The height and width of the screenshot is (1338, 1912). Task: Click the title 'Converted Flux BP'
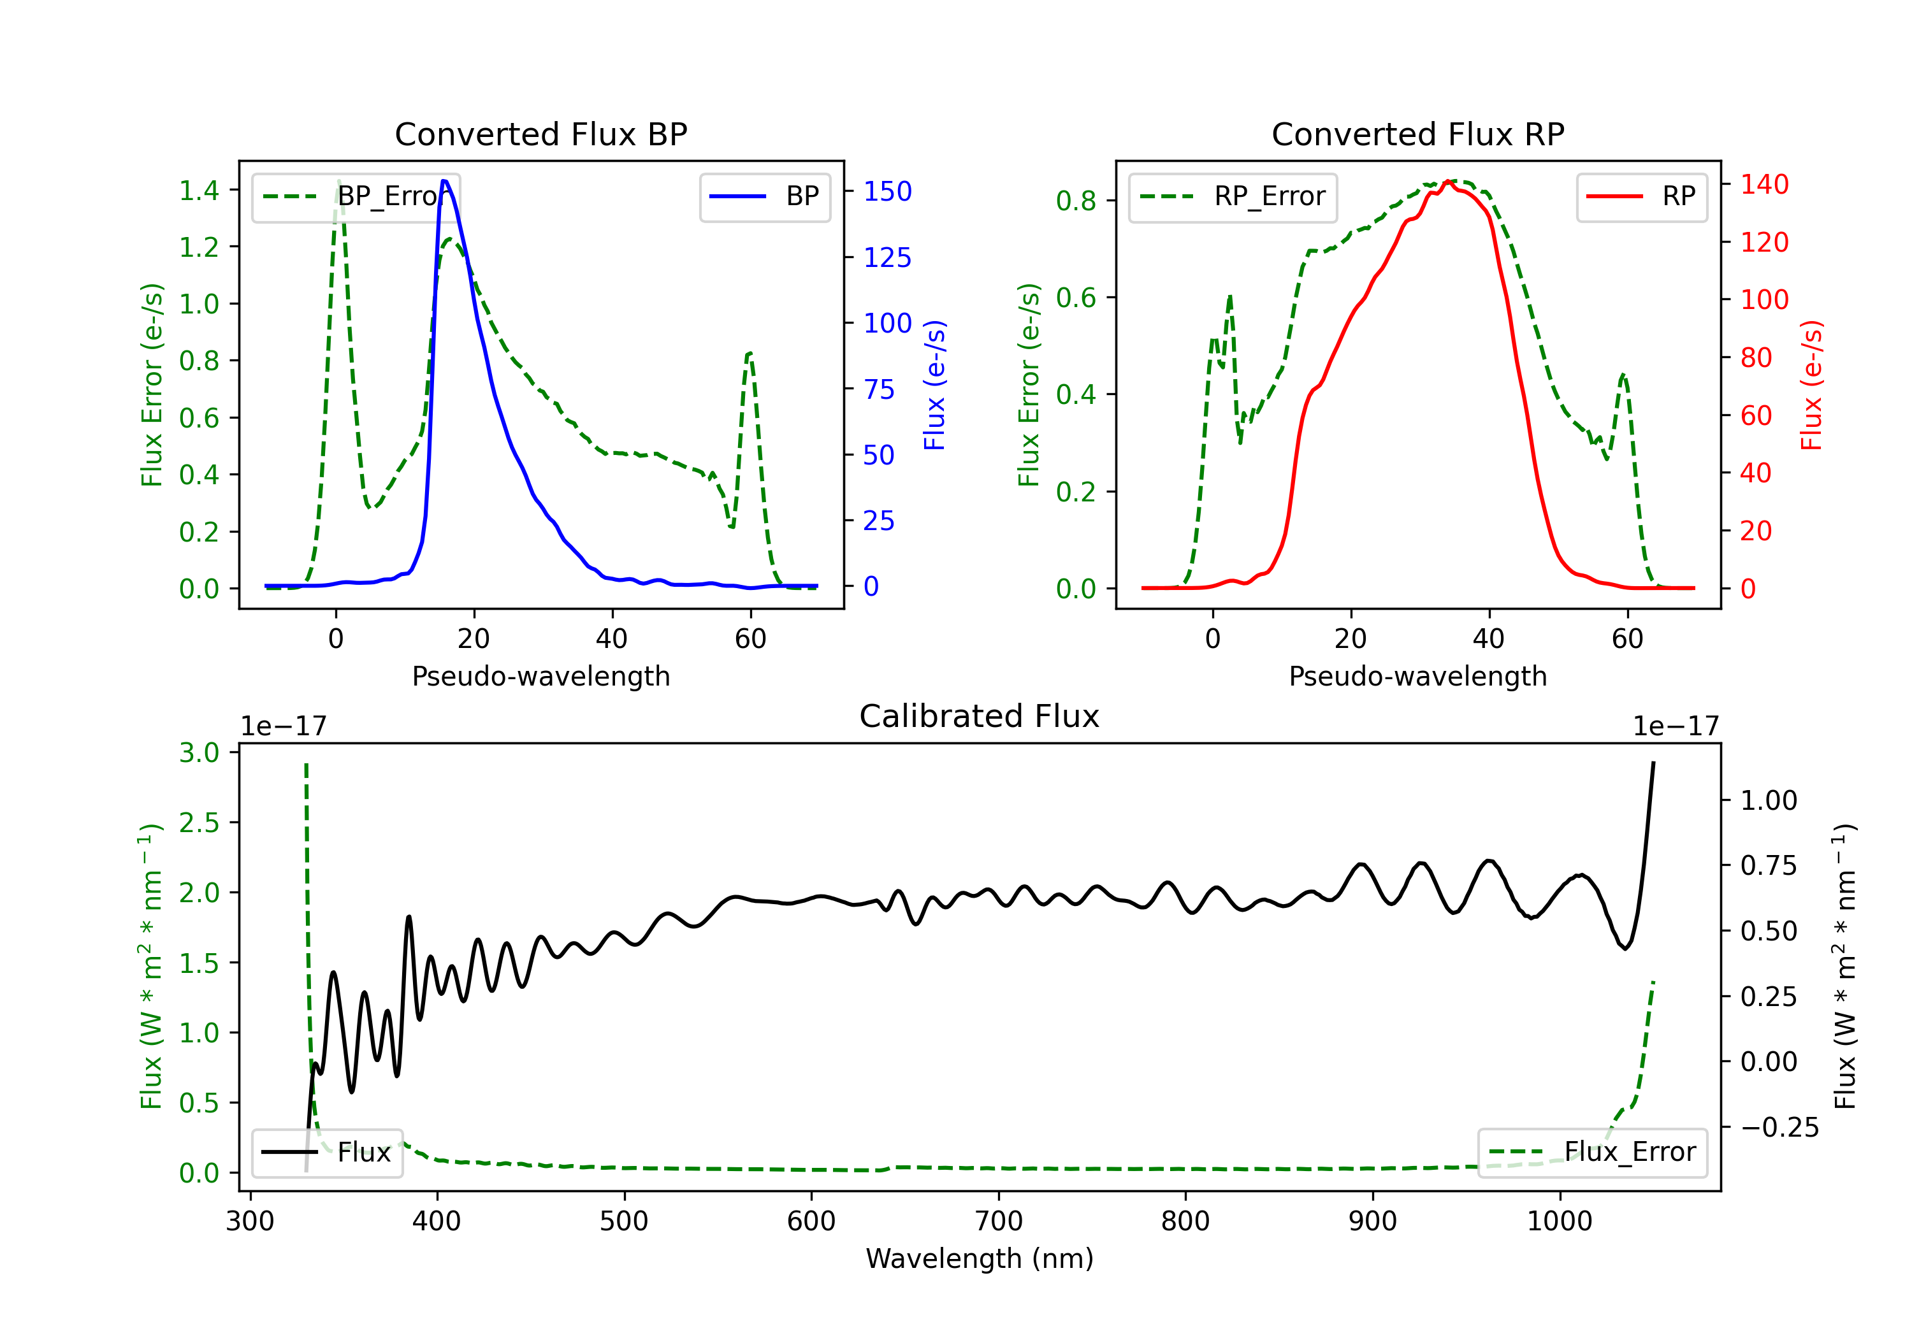(x=540, y=134)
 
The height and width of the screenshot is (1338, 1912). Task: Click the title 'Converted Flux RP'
(x=1417, y=134)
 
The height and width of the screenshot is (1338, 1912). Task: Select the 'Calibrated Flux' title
(x=980, y=716)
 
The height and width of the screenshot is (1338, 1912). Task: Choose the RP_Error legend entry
(x=1233, y=196)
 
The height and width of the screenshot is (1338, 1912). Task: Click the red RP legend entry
(x=1641, y=196)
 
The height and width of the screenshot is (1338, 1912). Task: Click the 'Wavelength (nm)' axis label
(x=980, y=1258)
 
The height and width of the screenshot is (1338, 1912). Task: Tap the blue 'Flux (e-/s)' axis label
(x=934, y=385)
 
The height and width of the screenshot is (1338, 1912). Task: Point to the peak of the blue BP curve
(x=445, y=181)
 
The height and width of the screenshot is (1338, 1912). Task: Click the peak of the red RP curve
(x=1449, y=182)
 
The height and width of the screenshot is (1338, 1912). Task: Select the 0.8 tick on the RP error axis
(x=1076, y=201)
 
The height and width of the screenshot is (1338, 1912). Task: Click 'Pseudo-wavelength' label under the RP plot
(x=1417, y=676)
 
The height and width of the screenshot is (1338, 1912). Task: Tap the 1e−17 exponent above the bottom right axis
(x=1676, y=726)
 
